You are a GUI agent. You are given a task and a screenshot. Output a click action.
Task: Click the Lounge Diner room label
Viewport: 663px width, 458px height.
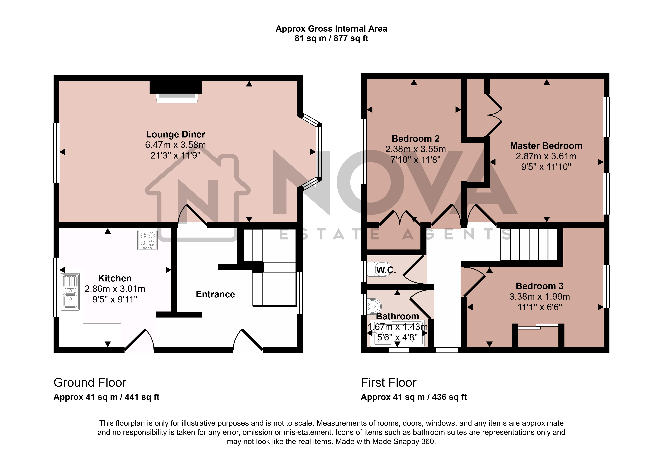[x=176, y=134]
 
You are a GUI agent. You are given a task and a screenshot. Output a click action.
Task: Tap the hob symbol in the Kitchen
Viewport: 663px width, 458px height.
[x=147, y=240]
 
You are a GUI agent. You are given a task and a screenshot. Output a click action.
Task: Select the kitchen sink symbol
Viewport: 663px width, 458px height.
[x=70, y=292]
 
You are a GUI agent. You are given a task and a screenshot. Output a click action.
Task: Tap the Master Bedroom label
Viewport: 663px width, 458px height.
[x=546, y=146]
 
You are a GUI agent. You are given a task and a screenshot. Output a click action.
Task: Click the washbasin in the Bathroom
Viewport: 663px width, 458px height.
[x=375, y=306]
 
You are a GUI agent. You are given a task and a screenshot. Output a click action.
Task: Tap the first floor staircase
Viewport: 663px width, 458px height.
[x=529, y=244]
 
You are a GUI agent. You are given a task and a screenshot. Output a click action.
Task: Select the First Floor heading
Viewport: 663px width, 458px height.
[x=389, y=383]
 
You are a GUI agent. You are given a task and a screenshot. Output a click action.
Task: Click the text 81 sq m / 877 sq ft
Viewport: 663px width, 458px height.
[x=331, y=38]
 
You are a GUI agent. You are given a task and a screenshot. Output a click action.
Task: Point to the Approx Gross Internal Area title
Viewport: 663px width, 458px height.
[x=331, y=29]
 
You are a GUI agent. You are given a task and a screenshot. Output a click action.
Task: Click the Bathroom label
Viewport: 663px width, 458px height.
[x=397, y=316]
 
